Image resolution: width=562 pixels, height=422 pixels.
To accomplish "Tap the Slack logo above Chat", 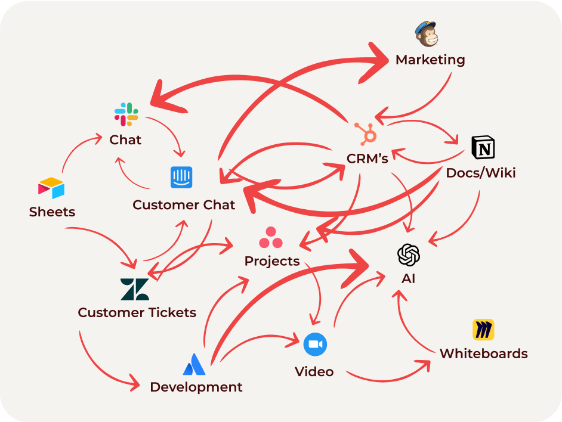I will [126, 114].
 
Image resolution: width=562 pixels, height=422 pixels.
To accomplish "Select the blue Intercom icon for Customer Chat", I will [181, 177].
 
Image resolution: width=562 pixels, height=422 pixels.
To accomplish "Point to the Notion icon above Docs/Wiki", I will [483, 147].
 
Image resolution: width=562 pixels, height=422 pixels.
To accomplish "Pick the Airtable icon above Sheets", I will [51, 188].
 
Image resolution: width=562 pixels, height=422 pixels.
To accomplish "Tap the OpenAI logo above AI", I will [409, 255].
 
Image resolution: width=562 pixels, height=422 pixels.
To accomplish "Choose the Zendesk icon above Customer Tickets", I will [135, 289].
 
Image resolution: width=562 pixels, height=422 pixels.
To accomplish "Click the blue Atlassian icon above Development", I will [194, 364].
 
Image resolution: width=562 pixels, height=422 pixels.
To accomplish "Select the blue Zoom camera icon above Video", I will [315, 345].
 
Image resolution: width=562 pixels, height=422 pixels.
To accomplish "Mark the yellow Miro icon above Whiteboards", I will [483, 330].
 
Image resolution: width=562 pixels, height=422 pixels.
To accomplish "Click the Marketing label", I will [430, 60].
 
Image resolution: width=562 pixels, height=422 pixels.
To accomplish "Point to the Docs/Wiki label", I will [481, 173].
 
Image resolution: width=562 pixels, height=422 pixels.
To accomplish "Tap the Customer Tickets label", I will [137, 312].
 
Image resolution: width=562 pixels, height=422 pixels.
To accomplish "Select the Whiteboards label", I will [484, 353].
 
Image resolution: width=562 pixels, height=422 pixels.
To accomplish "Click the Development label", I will [196, 387].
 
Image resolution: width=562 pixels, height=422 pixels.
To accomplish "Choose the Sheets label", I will [52, 212].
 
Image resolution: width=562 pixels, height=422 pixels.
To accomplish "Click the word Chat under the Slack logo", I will [125, 140].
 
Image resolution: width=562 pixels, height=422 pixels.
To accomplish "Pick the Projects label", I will [272, 261].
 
